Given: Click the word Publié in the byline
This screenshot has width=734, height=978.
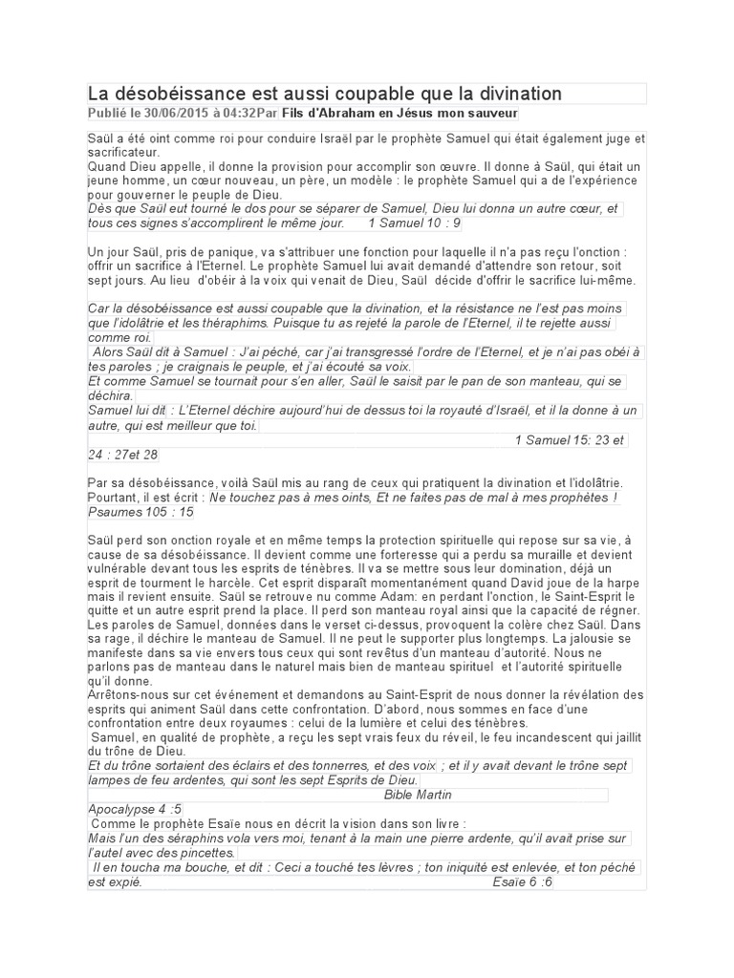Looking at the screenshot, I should [107, 113].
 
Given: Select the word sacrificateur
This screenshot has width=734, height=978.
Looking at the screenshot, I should [121, 152].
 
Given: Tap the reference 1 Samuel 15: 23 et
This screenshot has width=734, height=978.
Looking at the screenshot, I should [569, 440].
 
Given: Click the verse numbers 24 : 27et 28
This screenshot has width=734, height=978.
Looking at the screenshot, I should [122, 455].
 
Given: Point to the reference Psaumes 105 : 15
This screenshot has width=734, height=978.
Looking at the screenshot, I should [140, 512].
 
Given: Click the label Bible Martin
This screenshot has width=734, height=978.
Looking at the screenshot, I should [418, 795].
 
